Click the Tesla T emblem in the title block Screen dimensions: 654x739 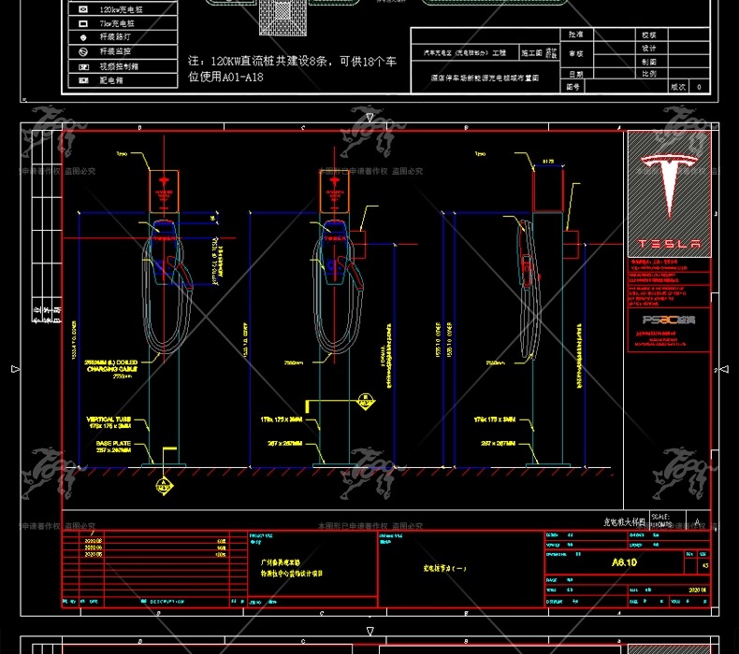pos(669,181)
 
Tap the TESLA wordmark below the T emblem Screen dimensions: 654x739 pos(668,244)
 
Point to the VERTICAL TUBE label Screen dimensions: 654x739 pos(111,422)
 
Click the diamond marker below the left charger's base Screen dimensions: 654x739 pos(164,485)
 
